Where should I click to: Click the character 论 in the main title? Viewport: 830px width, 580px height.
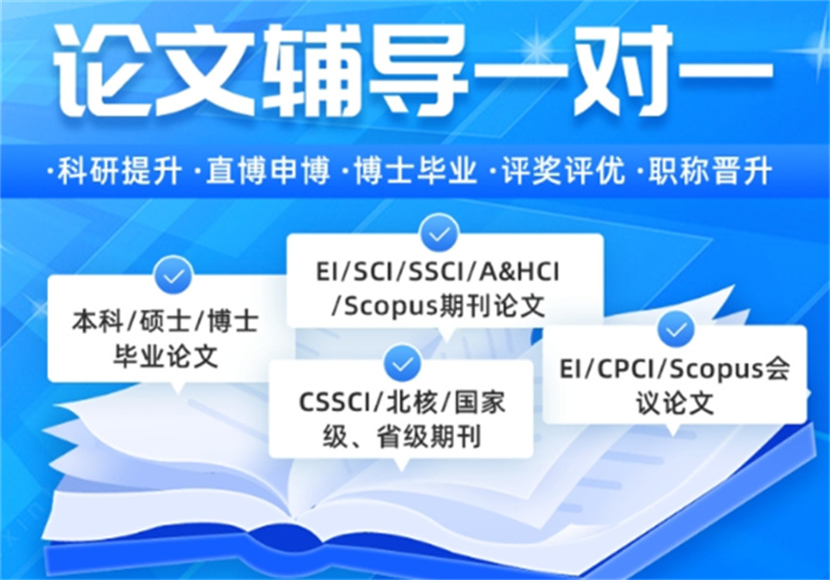click(99, 71)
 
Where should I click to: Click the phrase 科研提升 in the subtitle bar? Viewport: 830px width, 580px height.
click(120, 171)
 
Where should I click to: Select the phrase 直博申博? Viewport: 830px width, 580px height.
click(268, 171)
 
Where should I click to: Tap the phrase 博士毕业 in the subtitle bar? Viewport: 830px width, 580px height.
click(416, 171)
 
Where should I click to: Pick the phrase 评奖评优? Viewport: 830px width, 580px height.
click(563, 171)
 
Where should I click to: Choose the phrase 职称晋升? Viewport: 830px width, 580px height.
click(710, 171)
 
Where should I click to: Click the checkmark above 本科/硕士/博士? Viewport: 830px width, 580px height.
click(173, 275)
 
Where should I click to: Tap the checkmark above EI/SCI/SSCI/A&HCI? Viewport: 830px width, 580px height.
click(439, 232)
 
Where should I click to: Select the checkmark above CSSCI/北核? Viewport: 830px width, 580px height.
click(403, 363)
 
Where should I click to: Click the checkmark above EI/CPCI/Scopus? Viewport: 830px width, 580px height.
click(676, 329)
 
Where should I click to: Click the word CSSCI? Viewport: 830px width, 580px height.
click(335, 402)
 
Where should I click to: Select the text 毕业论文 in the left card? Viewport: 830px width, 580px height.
click(166, 355)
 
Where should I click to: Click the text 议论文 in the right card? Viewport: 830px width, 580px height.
click(676, 403)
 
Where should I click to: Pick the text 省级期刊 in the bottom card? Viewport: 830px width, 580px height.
click(429, 437)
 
